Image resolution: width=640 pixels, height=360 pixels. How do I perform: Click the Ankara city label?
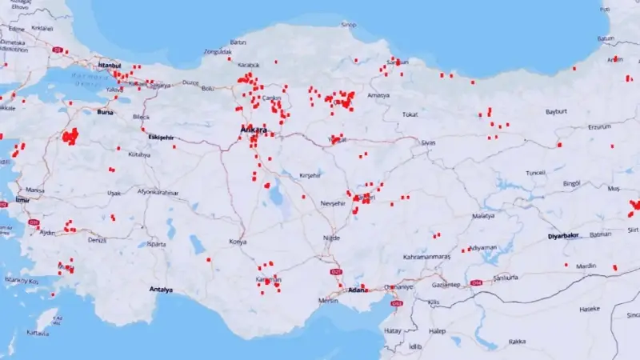(254, 129)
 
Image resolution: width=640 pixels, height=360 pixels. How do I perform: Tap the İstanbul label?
(109, 65)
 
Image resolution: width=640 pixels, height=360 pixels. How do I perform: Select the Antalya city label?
(161, 290)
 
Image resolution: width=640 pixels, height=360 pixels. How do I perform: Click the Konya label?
(238, 241)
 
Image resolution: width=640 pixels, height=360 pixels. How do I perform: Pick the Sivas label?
(428, 142)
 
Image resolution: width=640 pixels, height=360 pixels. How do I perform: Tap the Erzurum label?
(599, 126)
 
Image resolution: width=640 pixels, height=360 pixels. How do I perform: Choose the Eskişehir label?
(160, 138)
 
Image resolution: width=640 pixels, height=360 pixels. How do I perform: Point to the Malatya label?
(483, 216)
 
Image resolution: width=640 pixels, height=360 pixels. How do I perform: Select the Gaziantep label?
(446, 285)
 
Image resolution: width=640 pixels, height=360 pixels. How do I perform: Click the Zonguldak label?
(217, 52)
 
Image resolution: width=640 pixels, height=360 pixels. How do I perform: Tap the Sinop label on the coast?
(349, 25)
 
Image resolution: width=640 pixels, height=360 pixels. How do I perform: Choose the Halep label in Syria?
(437, 330)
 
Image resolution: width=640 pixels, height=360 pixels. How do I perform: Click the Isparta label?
(156, 245)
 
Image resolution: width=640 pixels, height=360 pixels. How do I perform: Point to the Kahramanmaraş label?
(426, 257)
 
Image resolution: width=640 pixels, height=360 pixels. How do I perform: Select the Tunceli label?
(535, 173)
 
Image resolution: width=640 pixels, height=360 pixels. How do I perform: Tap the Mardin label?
(586, 266)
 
